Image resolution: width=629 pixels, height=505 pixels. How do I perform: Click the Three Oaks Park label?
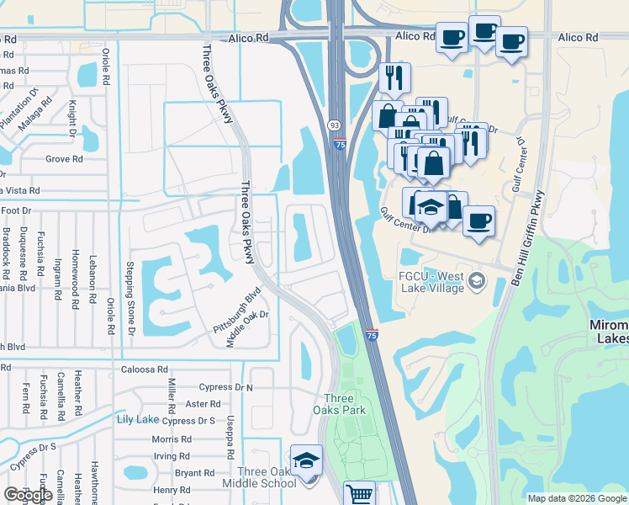coord(345,404)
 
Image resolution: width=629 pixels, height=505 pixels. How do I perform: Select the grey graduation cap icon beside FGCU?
coord(478,279)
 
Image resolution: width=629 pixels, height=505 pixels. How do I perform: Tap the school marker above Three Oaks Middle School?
coord(307,460)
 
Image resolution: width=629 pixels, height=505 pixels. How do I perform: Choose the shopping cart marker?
coord(360,493)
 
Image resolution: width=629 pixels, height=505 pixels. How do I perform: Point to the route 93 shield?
coord(334,125)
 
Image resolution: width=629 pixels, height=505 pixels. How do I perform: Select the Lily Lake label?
coord(138,419)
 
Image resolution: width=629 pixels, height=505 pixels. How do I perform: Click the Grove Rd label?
coord(64,158)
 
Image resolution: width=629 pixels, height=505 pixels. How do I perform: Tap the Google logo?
coord(28,495)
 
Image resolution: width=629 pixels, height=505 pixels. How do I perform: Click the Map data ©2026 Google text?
coord(576,498)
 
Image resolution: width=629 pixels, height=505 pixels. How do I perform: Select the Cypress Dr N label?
coord(225,387)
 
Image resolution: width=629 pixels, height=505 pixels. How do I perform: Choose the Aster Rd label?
coord(202,404)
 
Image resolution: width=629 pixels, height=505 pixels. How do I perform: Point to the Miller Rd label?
coord(172,400)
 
